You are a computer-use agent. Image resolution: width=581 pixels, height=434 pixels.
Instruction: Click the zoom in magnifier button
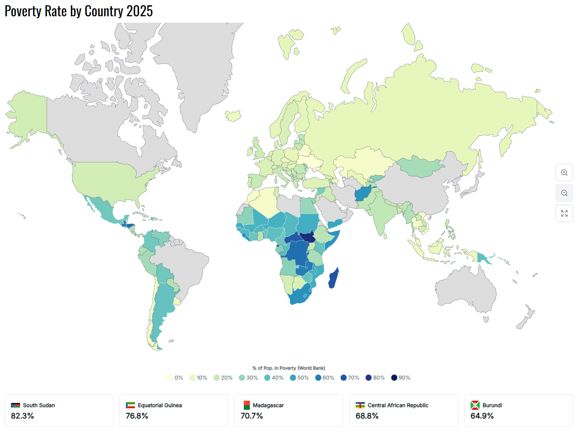click(564, 173)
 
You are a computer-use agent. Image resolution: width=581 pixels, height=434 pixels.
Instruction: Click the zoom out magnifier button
click(564, 193)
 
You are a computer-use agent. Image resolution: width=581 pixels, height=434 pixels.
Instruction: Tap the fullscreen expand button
click(564, 213)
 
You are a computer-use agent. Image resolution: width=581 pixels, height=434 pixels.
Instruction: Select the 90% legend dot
click(394, 378)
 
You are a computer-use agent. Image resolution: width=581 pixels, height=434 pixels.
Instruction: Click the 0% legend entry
click(175, 378)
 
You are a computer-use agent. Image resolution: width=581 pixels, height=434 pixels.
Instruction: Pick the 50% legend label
click(303, 378)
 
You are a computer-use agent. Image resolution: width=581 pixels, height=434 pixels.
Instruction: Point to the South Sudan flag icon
click(15, 405)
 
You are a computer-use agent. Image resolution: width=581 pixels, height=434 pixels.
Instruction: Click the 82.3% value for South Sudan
click(22, 416)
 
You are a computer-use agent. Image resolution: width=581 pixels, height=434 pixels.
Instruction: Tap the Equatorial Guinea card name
click(160, 405)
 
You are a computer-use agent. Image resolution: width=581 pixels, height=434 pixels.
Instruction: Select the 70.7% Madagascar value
click(252, 416)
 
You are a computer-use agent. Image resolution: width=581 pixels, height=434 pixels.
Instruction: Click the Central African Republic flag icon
click(360, 405)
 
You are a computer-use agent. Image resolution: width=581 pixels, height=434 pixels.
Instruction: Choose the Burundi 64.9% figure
click(482, 416)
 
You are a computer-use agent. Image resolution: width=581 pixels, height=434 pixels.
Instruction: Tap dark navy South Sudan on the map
click(308, 238)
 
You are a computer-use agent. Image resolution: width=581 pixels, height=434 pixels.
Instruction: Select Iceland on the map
click(233, 115)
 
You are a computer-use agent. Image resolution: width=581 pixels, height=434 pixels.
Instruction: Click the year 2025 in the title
click(139, 11)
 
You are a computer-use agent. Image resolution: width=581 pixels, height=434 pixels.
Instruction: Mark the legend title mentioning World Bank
click(288, 368)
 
